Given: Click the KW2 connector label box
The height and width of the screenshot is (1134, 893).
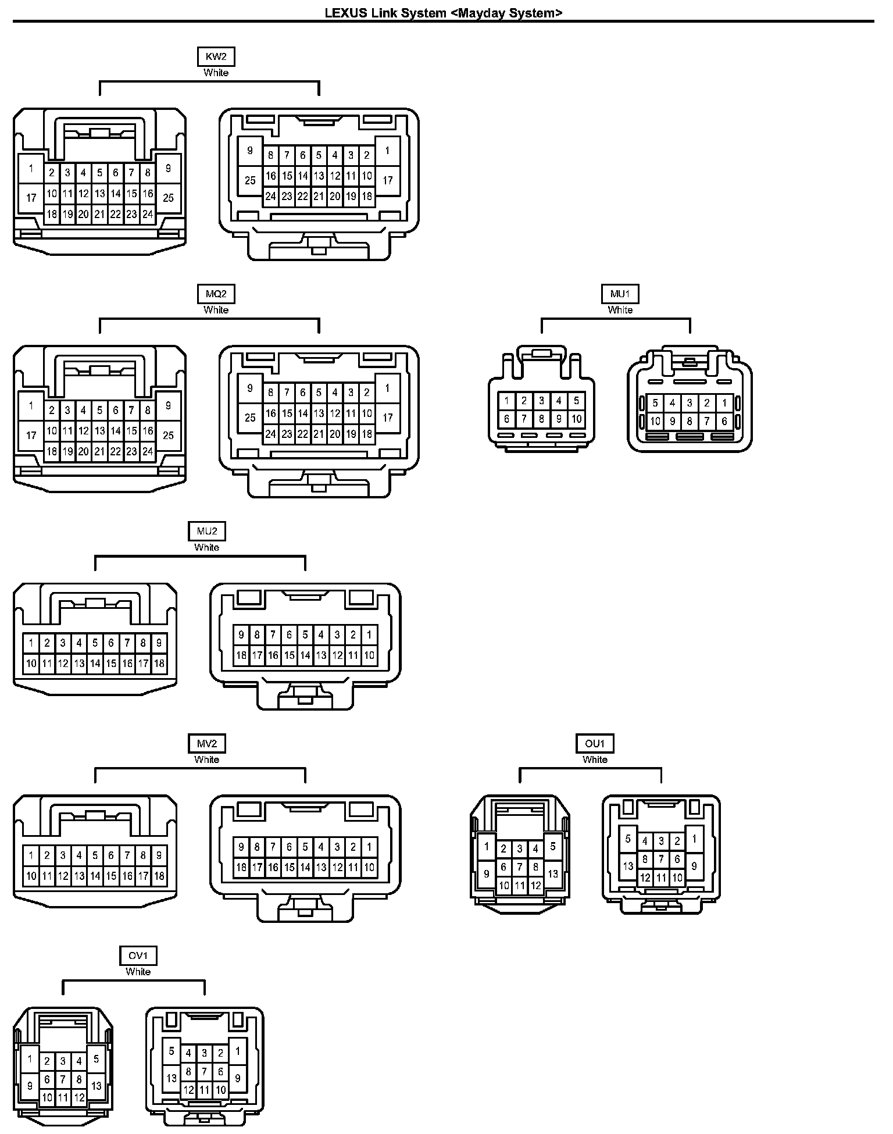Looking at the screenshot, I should [216, 56].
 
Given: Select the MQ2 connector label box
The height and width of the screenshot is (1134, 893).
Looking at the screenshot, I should [216, 294].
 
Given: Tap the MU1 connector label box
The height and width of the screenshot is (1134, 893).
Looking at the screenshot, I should [620, 294].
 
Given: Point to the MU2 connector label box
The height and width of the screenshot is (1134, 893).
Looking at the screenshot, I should [206, 531].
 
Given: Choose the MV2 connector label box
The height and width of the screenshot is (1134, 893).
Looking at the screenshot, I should [206, 743].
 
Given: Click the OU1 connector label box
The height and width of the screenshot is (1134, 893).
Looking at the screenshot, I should [595, 743].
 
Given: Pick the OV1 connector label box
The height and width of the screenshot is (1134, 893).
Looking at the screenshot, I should [138, 955].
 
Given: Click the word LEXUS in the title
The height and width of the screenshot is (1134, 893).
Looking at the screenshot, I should [345, 13].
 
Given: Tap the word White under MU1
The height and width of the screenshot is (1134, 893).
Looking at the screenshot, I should [620, 310].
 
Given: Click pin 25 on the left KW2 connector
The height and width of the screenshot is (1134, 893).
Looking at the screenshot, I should [168, 198].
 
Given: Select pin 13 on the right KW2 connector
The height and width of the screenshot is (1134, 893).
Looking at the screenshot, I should [319, 176].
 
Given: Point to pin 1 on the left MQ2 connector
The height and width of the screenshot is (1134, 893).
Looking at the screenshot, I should [31, 406].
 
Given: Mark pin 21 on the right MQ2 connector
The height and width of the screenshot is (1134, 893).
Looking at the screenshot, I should [319, 434].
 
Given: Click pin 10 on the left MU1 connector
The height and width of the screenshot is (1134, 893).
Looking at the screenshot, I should [576, 418].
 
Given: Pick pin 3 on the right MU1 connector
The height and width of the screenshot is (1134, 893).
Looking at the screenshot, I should [690, 402].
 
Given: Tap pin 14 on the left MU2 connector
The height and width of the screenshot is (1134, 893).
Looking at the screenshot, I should [95, 664].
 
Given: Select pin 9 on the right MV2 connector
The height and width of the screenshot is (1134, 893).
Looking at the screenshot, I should [241, 847].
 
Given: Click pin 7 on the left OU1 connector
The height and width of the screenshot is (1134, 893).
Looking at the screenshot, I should [520, 867].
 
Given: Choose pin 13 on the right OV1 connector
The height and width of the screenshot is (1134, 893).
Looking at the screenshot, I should [172, 1078].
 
